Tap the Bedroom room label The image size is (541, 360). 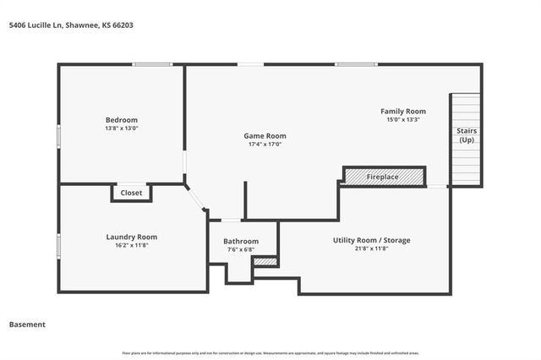121,120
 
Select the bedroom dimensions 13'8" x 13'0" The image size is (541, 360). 121,128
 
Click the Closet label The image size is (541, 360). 131,193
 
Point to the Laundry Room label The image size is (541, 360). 131,237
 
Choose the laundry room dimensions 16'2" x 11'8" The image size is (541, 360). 131,245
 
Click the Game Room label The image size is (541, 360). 265,136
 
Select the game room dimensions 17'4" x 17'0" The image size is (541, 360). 265,145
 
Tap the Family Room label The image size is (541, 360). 403,112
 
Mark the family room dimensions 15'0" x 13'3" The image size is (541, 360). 403,120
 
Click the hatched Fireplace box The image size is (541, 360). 383,177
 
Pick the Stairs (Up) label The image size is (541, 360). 466,135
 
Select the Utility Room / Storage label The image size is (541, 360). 371,240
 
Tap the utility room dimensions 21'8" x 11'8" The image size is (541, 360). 371,249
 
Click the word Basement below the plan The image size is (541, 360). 27,325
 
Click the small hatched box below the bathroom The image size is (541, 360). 265,262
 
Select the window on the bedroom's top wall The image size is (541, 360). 152,64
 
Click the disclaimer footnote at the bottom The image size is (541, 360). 270,352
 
